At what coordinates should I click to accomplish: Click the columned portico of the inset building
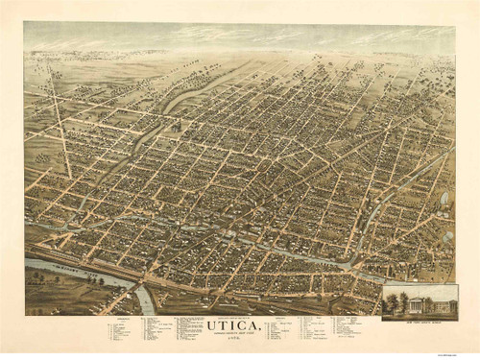[x=417, y=304]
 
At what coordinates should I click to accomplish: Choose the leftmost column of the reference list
[x=120, y=331]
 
